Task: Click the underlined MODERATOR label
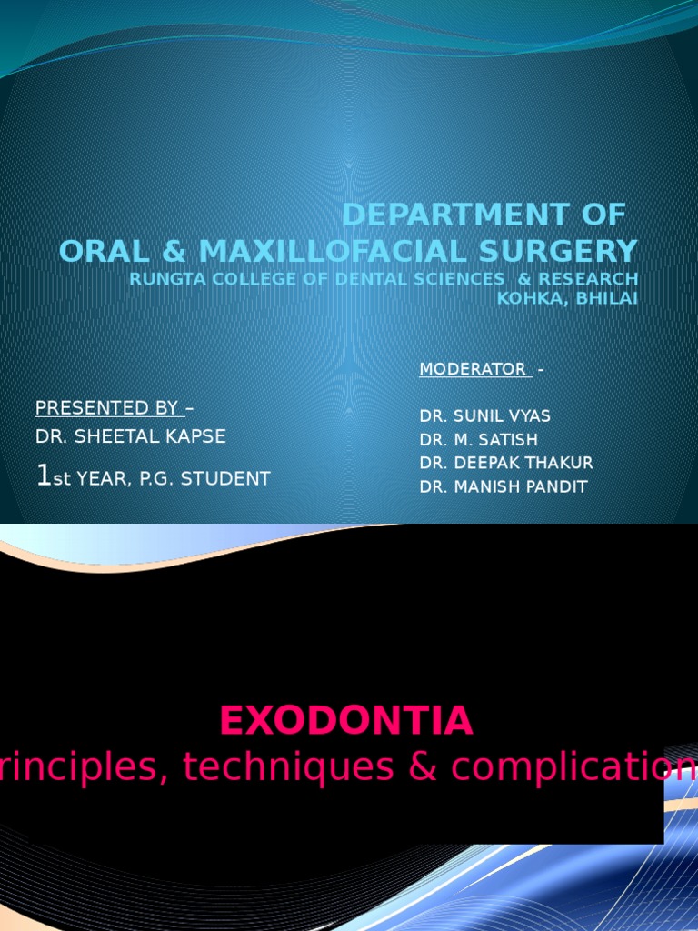click(473, 369)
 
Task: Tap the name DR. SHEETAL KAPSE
click(131, 436)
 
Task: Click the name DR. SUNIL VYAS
click(484, 416)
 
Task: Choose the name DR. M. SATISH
click(478, 440)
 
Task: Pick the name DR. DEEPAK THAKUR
click(505, 463)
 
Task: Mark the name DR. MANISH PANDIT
click(503, 486)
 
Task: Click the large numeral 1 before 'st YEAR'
click(42, 476)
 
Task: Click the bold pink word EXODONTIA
click(346, 721)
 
